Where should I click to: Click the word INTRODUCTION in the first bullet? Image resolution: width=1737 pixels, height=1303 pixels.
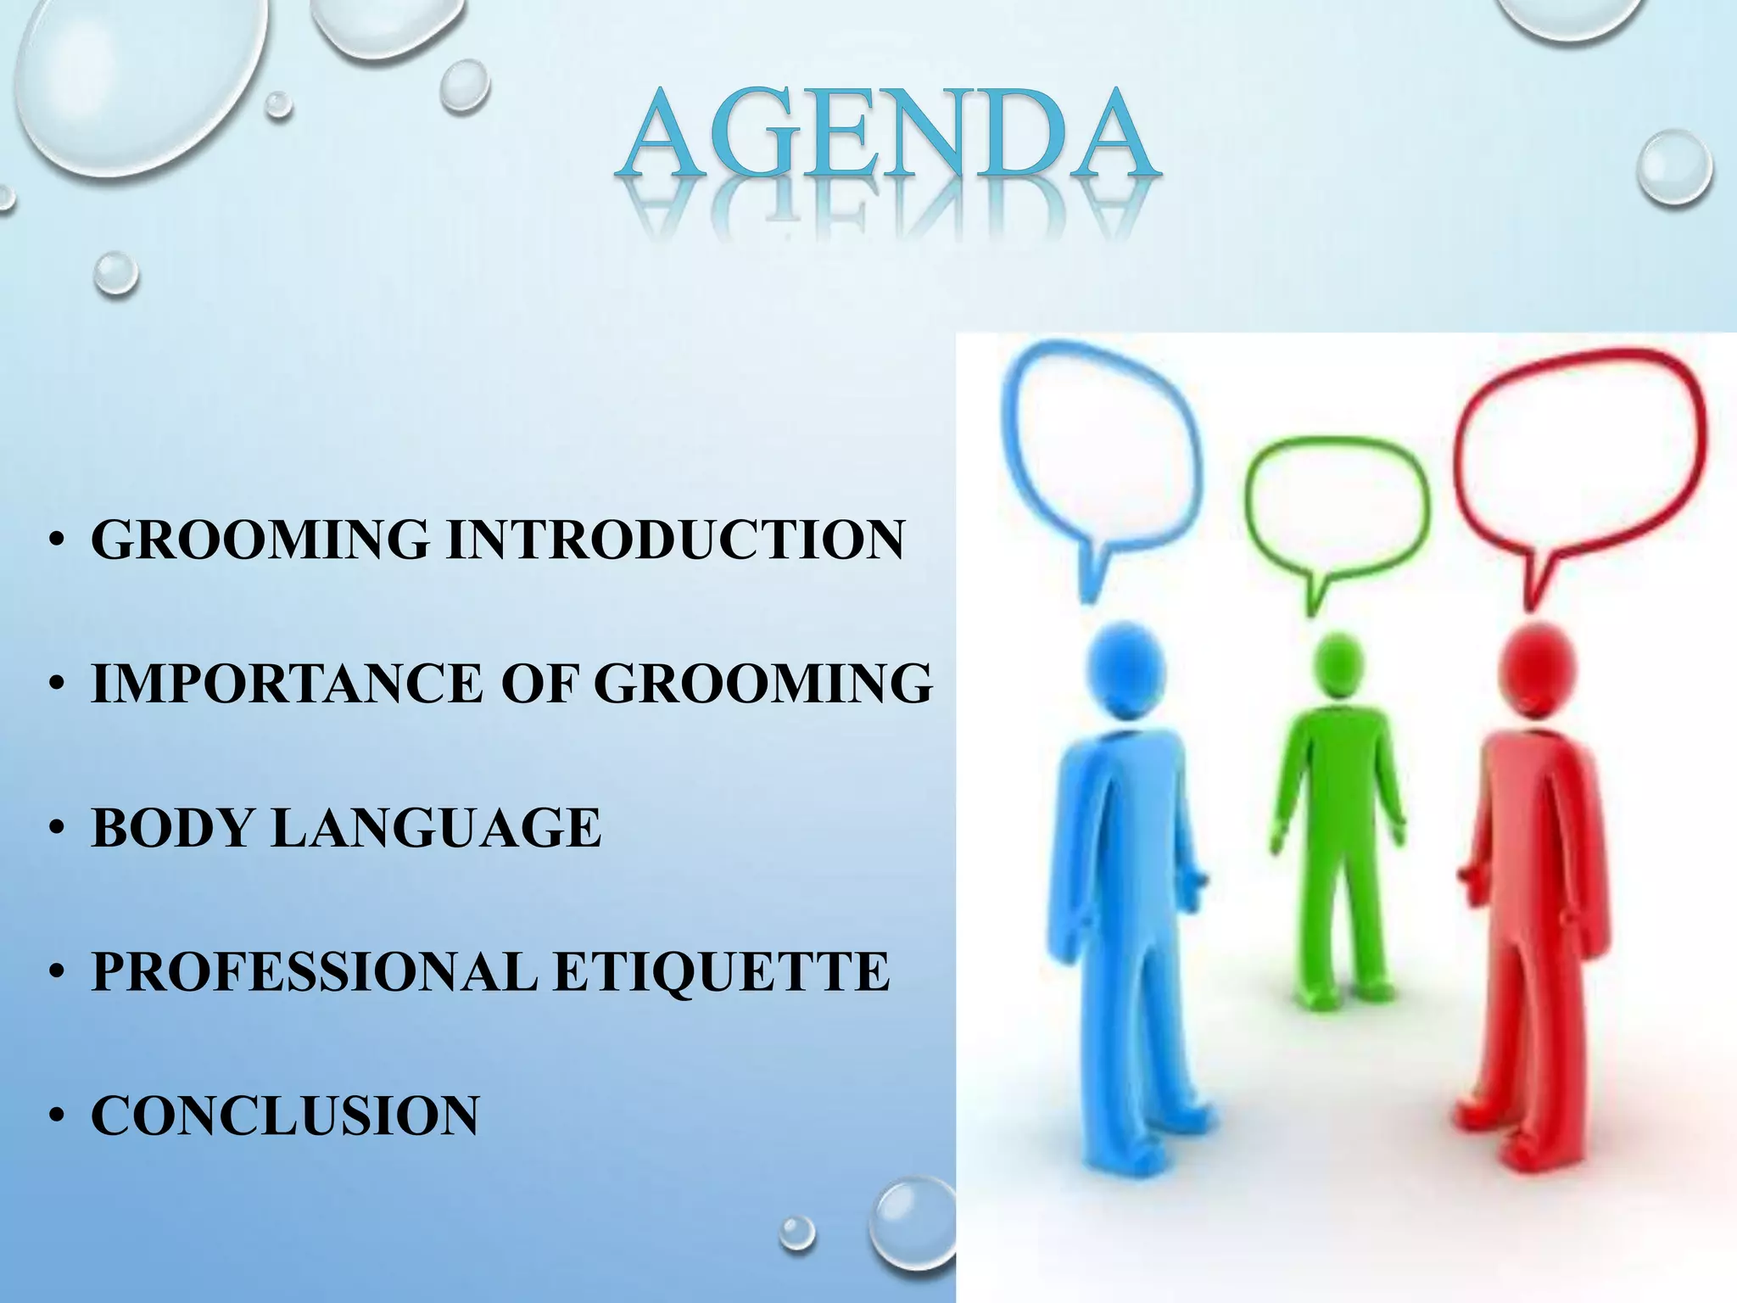pyautogui.click(x=675, y=540)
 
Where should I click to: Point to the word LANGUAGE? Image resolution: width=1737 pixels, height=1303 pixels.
pyautogui.click(x=436, y=827)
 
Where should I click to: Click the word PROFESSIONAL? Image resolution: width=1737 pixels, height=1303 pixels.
pyautogui.click(x=314, y=971)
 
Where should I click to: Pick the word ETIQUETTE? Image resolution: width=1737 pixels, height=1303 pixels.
pyautogui.click(x=721, y=971)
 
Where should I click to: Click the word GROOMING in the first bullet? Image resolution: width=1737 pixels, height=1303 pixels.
pyautogui.click(x=260, y=540)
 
